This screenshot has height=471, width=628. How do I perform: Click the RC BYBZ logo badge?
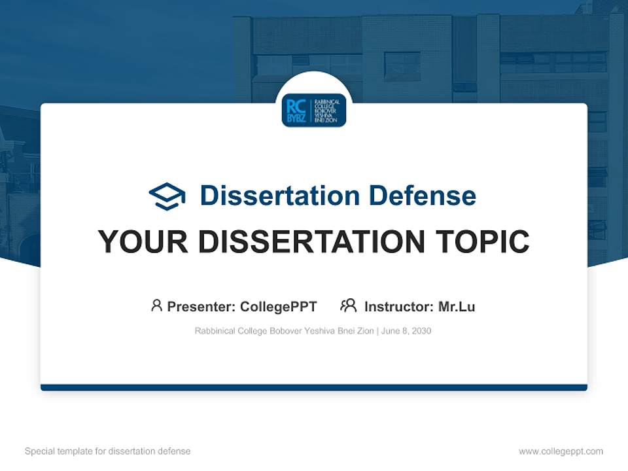314,110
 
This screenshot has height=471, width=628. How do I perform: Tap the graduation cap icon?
167,196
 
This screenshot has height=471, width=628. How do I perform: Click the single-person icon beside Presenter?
156,305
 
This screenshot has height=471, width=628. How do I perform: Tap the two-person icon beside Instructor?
349,305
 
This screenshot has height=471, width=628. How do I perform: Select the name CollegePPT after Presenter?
279,306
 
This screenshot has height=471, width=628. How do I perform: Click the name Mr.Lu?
457,306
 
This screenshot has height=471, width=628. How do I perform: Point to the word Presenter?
201,306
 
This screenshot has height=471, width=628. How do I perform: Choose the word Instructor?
398,306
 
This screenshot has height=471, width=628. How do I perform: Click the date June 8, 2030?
406,331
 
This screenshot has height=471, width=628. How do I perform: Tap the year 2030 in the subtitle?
421,331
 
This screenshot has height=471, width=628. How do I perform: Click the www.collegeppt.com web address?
561,451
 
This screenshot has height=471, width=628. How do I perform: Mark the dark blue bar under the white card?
314,387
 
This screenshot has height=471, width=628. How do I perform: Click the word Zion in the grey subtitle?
364,331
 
